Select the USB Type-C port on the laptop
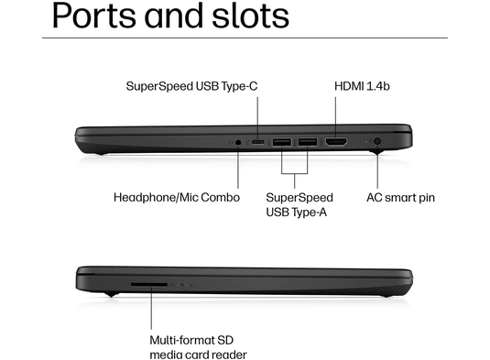tap(259, 142)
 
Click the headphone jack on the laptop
tap(239, 142)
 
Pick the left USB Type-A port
tap(281, 142)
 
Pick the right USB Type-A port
tap(307, 142)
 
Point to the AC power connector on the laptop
tap(377, 142)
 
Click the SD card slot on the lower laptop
tap(149, 284)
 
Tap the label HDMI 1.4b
tap(363, 86)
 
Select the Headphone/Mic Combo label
tap(177, 197)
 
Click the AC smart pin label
tap(401, 197)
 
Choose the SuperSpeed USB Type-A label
tap(299, 204)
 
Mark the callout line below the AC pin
tap(377, 169)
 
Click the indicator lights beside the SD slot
tap(183, 284)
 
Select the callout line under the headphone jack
tap(239, 169)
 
